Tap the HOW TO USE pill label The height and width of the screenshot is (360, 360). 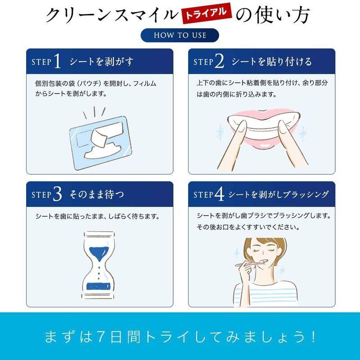tap(180, 35)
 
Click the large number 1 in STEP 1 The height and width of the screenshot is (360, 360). tap(57, 62)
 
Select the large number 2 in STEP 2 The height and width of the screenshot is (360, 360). tap(220, 62)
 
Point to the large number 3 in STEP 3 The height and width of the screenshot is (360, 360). tap(57, 195)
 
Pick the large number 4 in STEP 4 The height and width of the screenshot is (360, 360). tap(220, 195)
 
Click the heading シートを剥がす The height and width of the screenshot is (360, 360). tap(101, 62)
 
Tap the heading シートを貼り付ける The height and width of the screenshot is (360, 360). tap(271, 62)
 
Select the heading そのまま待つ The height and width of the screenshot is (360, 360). tap(97, 195)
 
